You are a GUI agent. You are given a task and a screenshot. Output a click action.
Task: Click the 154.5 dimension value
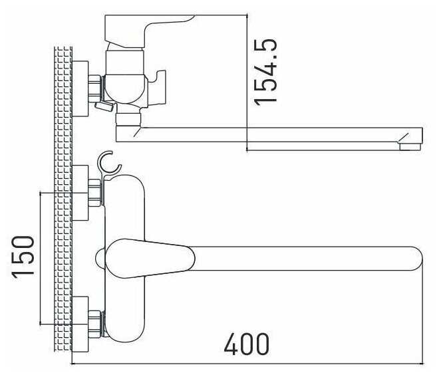point(265,72)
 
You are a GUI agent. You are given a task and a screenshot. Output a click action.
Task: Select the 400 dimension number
point(247,344)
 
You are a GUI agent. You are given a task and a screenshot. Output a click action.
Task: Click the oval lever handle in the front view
point(150,258)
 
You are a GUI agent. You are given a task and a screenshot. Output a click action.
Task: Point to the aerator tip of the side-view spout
point(410,147)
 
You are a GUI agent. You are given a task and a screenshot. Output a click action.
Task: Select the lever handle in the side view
point(146,31)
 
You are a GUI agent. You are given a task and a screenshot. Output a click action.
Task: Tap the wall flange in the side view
point(80,88)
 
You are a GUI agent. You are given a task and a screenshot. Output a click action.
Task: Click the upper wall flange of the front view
point(80,193)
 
